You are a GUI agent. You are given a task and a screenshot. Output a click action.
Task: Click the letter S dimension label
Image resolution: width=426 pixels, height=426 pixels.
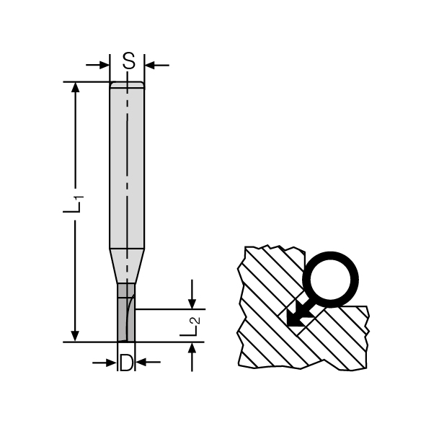(128, 61)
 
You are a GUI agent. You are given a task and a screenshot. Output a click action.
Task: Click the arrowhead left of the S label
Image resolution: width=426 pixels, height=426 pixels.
(105, 65)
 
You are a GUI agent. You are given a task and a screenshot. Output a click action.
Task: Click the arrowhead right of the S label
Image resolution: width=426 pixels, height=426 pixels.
(149, 65)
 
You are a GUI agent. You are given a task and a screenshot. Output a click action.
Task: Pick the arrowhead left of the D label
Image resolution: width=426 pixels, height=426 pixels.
(112, 363)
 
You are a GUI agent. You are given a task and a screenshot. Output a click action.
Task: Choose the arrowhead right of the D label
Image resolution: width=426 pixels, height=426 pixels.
(141, 362)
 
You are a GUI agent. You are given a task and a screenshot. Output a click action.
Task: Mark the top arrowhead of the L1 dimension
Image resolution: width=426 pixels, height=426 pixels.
(75, 87)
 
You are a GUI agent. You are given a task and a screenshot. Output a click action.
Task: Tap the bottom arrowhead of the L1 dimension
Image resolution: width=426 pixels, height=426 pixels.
(75, 336)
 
